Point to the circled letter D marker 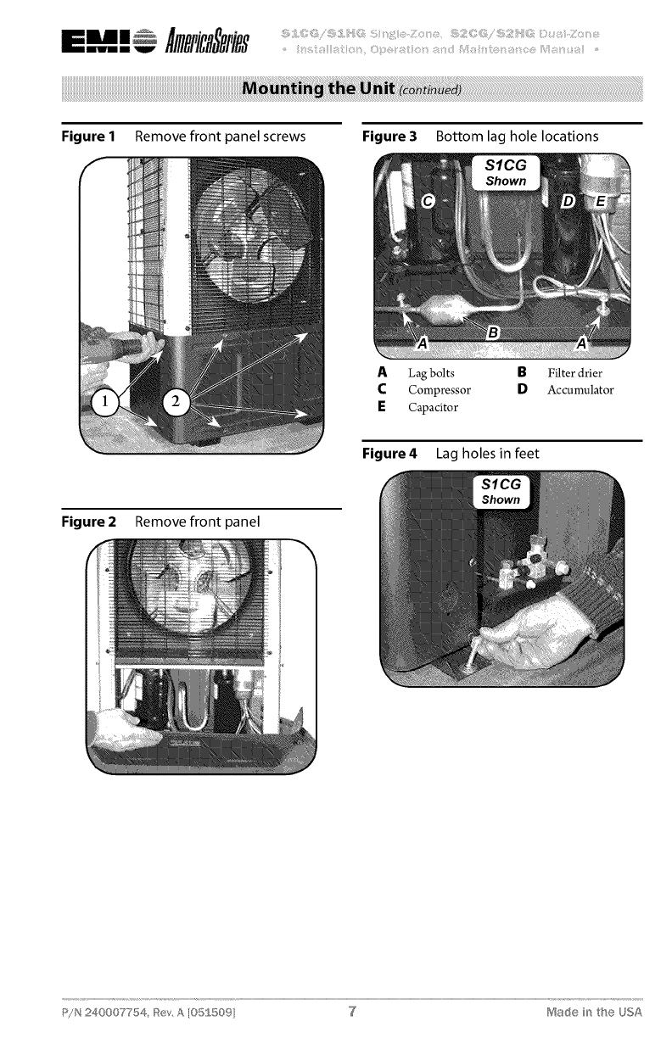click(x=569, y=201)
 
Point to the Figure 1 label click(x=93, y=137)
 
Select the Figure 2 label click(x=93, y=521)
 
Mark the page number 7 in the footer click(x=351, y=1012)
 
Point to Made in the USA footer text click(x=594, y=1012)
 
